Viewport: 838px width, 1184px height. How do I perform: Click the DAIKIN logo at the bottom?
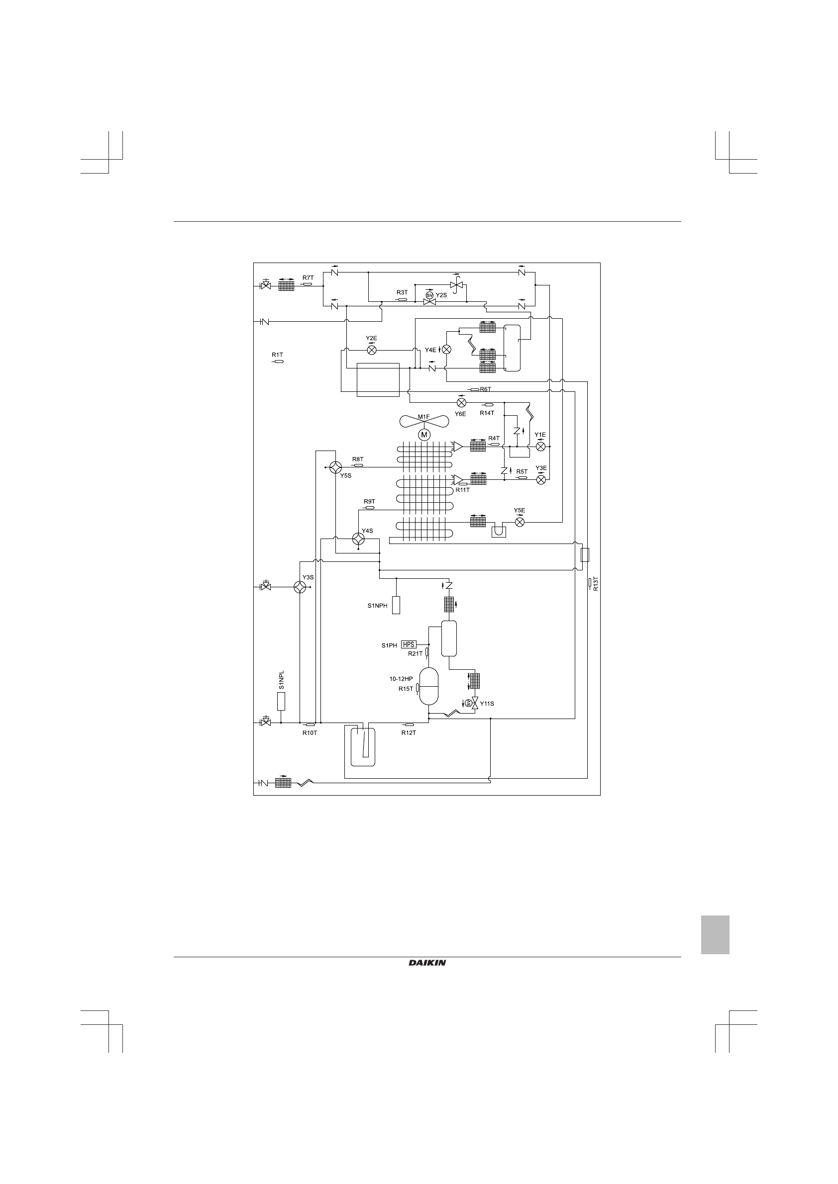pos(427,963)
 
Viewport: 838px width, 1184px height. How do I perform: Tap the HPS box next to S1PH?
pos(409,644)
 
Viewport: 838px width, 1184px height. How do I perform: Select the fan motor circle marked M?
pos(424,435)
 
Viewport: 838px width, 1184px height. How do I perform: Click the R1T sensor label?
pos(277,355)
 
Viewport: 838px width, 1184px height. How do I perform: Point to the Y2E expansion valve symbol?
pos(372,350)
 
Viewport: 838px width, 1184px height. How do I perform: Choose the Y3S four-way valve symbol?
pos(299,587)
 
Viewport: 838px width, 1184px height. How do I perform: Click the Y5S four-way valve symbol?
pos(335,467)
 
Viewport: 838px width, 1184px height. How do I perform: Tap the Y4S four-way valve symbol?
pos(358,539)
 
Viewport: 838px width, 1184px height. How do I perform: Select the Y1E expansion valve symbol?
pos(541,447)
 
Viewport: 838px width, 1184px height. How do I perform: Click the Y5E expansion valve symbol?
pos(520,523)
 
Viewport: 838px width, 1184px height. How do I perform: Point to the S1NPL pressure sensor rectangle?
pos(281,701)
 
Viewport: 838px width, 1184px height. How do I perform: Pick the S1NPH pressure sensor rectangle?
pos(396,605)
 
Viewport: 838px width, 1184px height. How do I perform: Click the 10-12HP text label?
pos(401,679)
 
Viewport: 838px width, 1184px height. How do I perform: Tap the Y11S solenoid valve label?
pos(487,703)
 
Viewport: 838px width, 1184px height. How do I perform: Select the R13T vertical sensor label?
pos(596,584)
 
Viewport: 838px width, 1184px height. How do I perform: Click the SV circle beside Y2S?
pos(429,295)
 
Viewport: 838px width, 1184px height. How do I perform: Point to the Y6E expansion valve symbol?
pos(461,402)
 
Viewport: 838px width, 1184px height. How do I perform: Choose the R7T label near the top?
pos(308,277)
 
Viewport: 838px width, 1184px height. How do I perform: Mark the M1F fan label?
pos(423,417)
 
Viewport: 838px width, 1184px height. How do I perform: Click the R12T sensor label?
pos(409,733)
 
